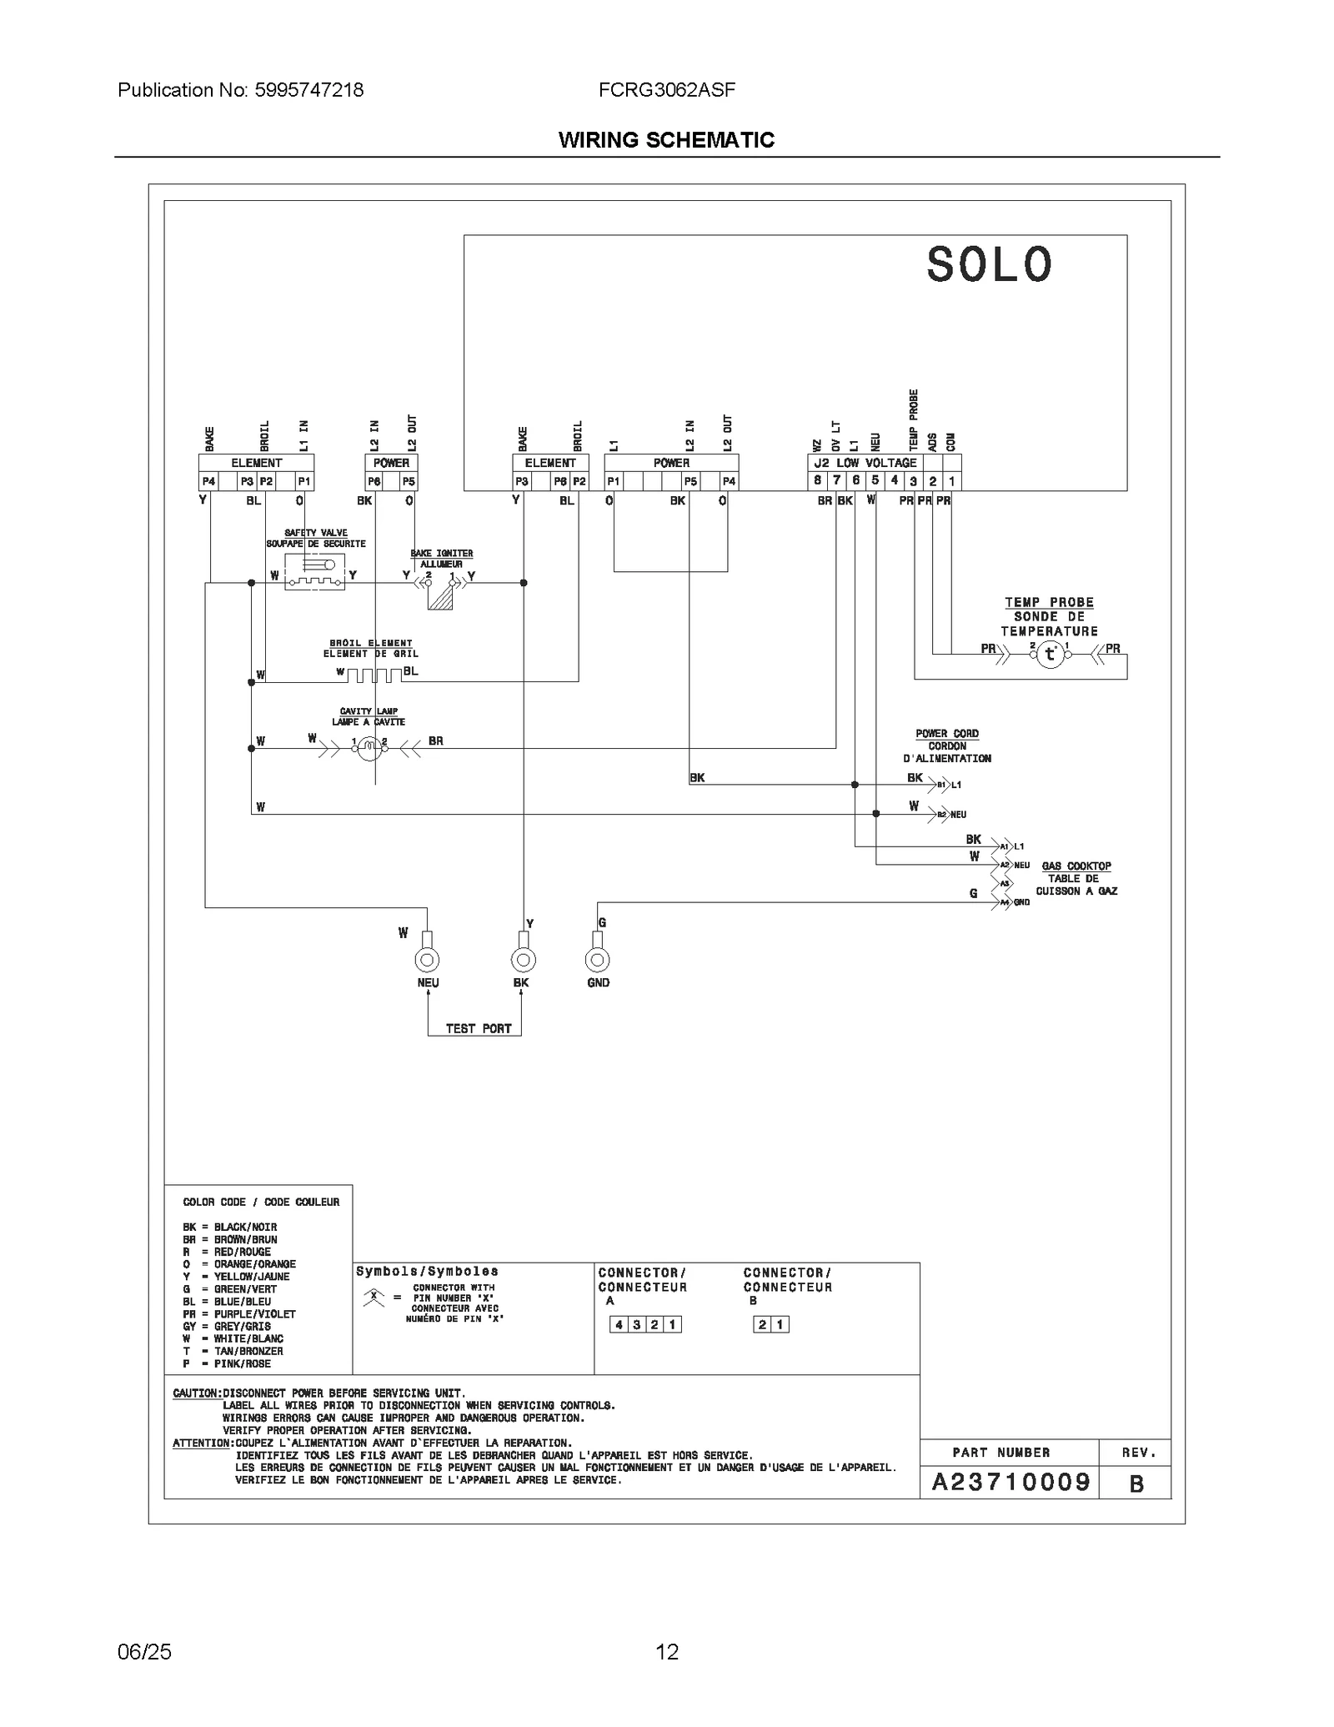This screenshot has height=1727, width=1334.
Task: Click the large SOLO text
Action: pyautogui.click(x=990, y=265)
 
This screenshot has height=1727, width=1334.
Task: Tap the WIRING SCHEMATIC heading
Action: pyautogui.click(x=666, y=140)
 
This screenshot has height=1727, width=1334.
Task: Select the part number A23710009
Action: pyautogui.click(x=1011, y=1482)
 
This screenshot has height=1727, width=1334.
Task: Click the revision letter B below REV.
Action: pyautogui.click(x=1136, y=1484)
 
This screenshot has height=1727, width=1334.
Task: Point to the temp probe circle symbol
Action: pyautogui.click(x=1051, y=655)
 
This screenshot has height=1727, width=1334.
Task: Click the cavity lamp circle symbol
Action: pyautogui.click(x=368, y=750)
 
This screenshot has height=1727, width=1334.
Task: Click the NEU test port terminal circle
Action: pyautogui.click(x=427, y=960)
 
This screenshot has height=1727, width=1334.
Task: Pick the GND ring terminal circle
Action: pyautogui.click(x=597, y=960)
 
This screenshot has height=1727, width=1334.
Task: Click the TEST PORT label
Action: pyautogui.click(x=478, y=1028)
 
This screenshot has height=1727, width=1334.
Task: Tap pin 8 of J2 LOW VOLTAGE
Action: pyautogui.click(x=818, y=480)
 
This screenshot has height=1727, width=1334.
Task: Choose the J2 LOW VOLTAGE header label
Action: pyautogui.click(x=865, y=463)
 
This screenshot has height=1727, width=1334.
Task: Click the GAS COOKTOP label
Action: pyautogui.click(x=1076, y=866)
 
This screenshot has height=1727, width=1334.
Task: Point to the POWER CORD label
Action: pyautogui.click(x=947, y=734)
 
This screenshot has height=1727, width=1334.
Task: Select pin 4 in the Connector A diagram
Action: pyautogui.click(x=619, y=1324)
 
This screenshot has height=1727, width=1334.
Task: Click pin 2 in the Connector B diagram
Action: pyautogui.click(x=762, y=1324)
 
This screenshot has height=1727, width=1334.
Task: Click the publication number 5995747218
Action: pyautogui.click(x=308, y=90)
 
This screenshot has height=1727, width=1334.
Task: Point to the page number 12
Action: pyautogui.click(x=667, y=1652)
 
